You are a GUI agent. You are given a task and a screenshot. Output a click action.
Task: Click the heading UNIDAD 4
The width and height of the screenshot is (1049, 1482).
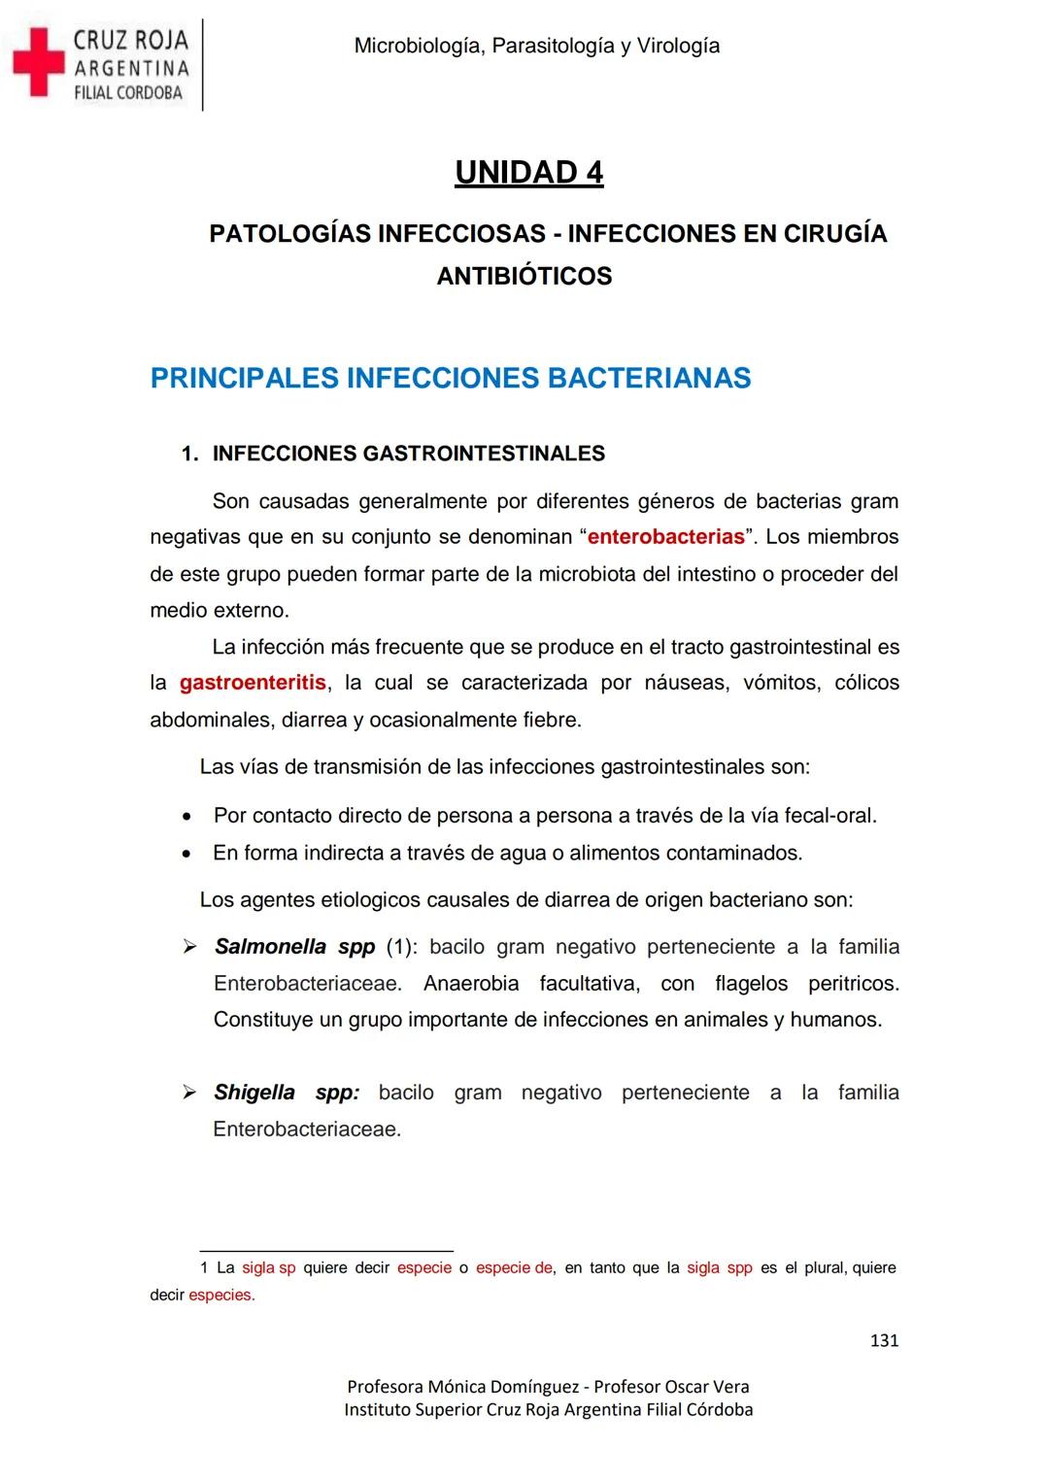[528, 172]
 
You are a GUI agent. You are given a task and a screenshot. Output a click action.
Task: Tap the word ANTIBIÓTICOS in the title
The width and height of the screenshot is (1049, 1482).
[524, 277]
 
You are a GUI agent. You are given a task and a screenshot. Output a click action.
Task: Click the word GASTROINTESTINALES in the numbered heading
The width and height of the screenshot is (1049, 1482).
[483, 454]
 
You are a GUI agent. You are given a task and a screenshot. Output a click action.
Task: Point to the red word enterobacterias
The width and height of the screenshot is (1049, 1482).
[666, 537]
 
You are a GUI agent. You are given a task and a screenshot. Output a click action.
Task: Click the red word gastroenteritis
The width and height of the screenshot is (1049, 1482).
[253, 683]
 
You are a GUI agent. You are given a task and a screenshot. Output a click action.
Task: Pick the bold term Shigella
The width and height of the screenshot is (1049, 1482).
[254, 1093]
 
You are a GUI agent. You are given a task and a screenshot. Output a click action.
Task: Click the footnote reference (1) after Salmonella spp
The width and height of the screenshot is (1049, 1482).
[400, 947]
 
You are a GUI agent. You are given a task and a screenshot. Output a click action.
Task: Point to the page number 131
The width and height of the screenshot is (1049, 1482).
[884, 1341]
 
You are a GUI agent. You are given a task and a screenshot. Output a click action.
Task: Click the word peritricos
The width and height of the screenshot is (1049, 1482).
[853, 984]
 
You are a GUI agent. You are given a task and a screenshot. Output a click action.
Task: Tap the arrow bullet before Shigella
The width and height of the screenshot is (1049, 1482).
[190, 1093]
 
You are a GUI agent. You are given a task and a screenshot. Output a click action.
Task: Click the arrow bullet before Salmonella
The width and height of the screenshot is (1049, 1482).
[190, 947]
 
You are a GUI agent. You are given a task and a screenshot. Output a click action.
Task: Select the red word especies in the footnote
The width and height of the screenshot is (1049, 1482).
[221, 1296]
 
